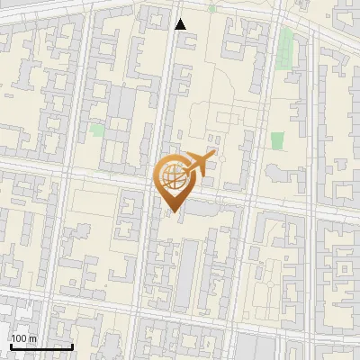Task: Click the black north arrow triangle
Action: tap(181, 24)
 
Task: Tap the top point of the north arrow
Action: tap(181, 18)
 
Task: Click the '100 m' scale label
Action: tap(23, 338)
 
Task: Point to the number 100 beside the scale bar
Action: tap(19, 338)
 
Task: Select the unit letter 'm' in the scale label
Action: tap(32, 338)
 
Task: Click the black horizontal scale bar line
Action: tap(40, 346)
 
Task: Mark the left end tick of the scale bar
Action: tap(9, 345)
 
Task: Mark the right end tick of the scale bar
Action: tap(73, 345)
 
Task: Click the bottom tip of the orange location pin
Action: tap(172, 212)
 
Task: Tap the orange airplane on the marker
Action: tap(199, 165)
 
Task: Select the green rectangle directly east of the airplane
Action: tap(277, 140)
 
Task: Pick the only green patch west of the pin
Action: tap(96, 130)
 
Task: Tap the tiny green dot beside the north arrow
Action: tap(212, 8)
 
